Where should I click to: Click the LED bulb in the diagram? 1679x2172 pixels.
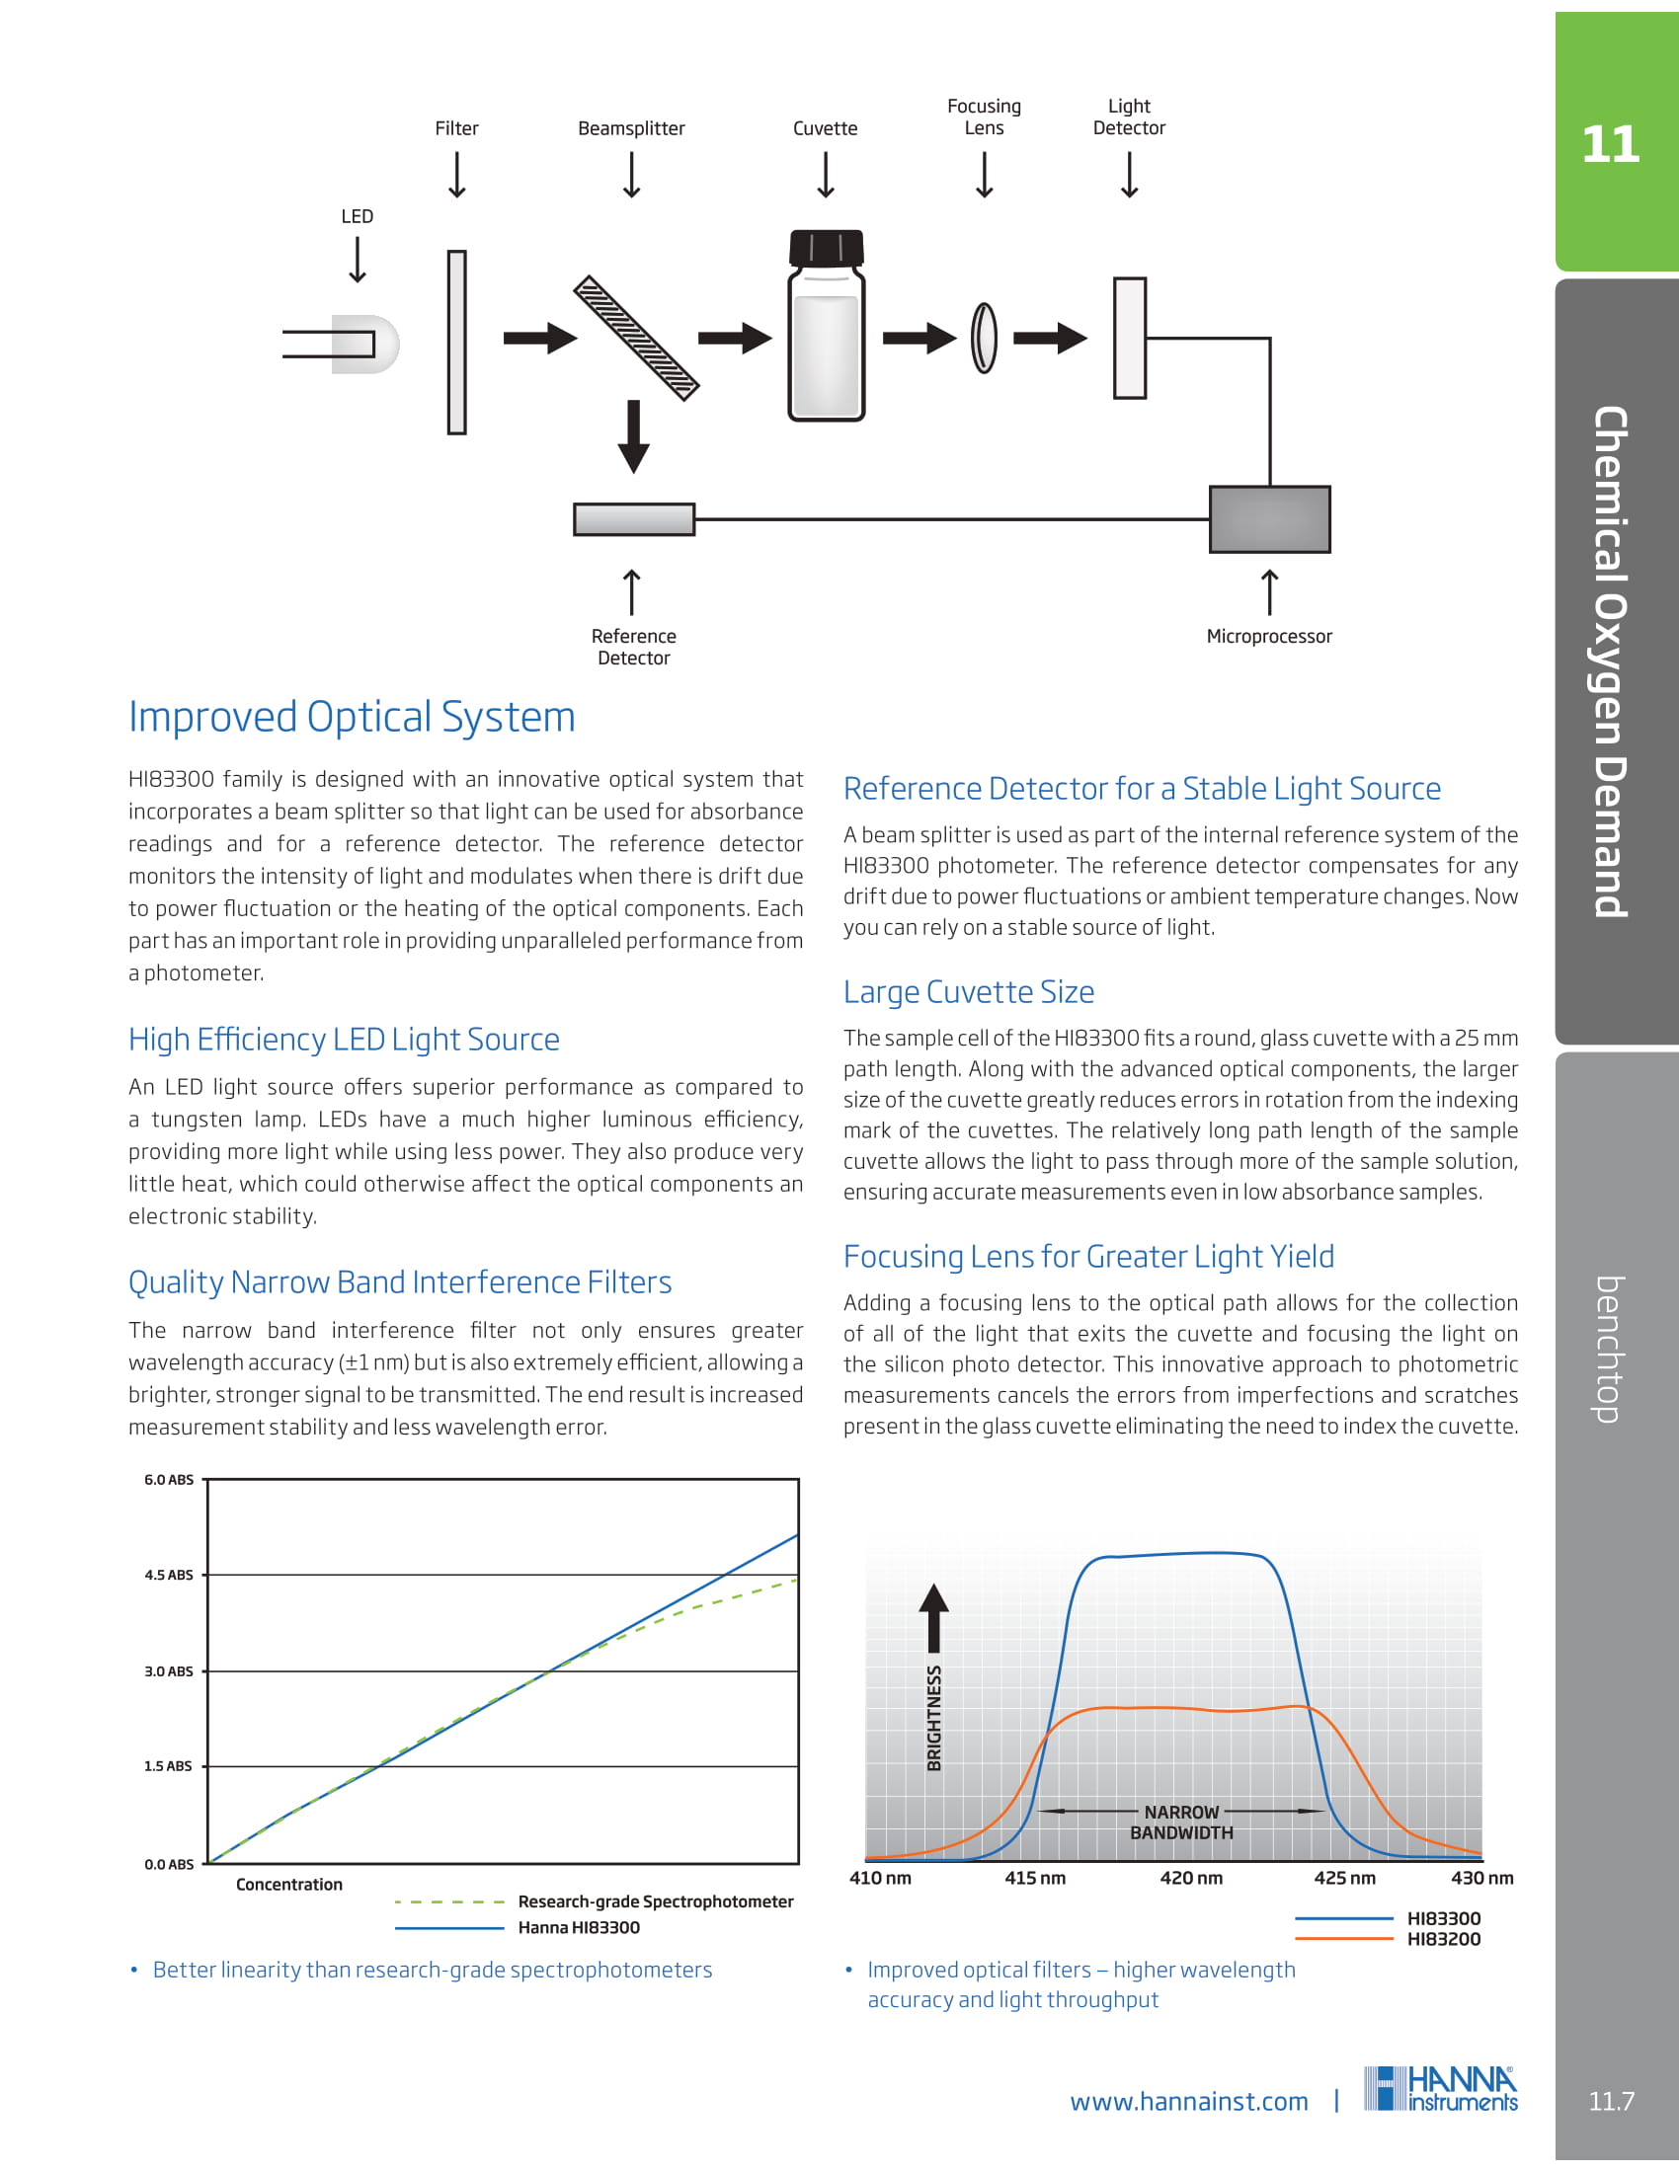click(364, 345)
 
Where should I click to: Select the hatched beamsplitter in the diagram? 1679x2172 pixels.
click(637, 338)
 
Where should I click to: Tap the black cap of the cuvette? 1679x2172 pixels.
click(826, 248)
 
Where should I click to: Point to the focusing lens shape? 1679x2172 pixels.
click(984, 338)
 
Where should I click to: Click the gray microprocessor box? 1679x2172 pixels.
click(1269, 519)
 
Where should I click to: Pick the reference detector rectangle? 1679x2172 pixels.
click(634, 519)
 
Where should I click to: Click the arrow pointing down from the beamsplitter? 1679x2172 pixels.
click(634, 435)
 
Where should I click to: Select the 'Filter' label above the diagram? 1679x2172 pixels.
click(456, 128)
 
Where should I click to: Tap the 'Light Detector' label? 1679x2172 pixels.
click(1129, 117)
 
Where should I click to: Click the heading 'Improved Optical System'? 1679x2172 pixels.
click(353, 717)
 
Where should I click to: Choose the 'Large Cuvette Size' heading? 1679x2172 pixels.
click(969, 991)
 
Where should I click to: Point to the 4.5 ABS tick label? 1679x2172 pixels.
click(169, 1576)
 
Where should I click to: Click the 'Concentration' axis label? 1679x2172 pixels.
click(289, 1885)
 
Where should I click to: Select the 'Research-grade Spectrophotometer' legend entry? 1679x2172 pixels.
click(656, 1901)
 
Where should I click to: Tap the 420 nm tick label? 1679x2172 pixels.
click(1191, 1878)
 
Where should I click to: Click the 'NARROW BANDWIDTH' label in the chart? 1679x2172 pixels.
click(1181, 1823)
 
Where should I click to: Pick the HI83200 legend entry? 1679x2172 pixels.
click(1443, 1939)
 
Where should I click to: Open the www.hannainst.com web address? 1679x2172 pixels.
click(1188, 2101)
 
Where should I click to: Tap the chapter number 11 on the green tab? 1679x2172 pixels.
click(1611, 145)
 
